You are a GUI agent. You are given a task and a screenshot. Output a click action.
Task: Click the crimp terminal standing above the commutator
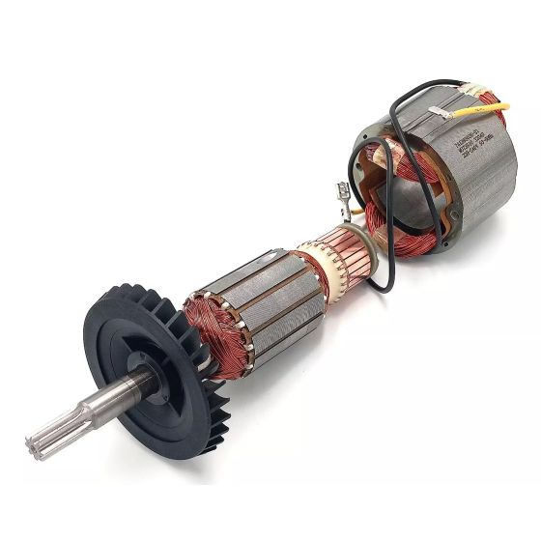click(x=343, y=198)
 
